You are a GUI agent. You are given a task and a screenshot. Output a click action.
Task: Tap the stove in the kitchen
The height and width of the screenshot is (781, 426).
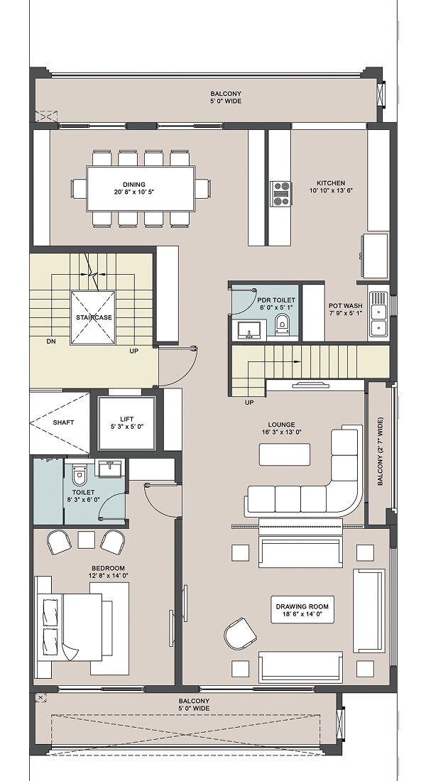(281, 194)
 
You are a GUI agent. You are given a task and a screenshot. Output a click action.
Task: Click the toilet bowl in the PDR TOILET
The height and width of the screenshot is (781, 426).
(282, 324)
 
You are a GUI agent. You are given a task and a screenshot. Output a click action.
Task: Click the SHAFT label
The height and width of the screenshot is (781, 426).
(63, 422)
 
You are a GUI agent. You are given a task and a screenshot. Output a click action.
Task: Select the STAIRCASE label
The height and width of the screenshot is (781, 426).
(94, 317)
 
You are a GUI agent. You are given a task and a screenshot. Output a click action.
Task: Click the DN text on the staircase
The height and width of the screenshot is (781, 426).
(51, 342)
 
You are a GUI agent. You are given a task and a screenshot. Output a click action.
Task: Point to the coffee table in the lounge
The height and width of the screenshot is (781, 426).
(285, 454)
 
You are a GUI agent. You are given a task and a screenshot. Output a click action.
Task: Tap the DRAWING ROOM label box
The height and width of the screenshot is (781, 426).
(302, 610)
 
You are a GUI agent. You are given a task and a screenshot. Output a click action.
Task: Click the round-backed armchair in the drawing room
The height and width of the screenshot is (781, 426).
(239, 633)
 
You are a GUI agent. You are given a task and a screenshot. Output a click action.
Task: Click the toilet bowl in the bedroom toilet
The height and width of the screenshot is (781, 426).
(80, 475)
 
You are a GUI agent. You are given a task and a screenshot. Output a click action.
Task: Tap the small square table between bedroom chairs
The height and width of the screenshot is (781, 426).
(86, 540)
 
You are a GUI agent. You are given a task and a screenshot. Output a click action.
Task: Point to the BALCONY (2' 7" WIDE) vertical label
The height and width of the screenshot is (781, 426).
(380, 452)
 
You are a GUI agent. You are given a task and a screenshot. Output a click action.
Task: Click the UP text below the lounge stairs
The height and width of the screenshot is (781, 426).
(249, 402)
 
